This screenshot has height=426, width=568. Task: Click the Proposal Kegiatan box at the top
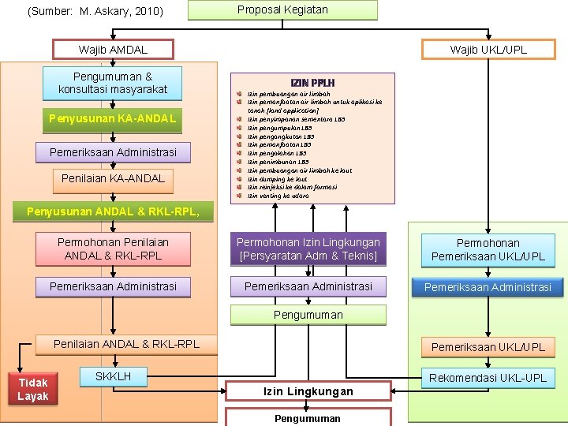click(282, 10)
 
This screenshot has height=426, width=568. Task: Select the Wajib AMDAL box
click(113, 50)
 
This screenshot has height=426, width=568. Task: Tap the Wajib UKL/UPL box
click(488, 50)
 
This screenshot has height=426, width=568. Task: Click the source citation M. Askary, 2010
click(95, 11)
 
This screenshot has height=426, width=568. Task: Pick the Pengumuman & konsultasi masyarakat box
click(113, 83)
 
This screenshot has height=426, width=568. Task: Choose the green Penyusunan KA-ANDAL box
click(113, 120)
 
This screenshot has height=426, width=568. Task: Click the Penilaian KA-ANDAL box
click(113, 178)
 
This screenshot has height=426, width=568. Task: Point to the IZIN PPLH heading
click(312, 83)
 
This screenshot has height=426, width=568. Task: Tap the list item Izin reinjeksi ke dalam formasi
click(292, 187)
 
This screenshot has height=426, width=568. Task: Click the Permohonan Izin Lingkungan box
click(308, 249)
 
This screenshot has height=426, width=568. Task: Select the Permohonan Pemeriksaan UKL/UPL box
click(488, 250)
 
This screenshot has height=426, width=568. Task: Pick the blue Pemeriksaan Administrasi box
click(488, 287)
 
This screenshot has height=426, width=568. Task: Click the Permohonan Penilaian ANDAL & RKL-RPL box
click(113, 249)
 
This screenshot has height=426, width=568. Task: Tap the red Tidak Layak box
click(33, 389)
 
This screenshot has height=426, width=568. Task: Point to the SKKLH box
click(113, 377)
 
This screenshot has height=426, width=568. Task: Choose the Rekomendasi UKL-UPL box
click(488, 378)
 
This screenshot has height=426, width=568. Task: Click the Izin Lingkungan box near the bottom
click(308, 391)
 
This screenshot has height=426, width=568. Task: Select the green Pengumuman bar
click(308, 315)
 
